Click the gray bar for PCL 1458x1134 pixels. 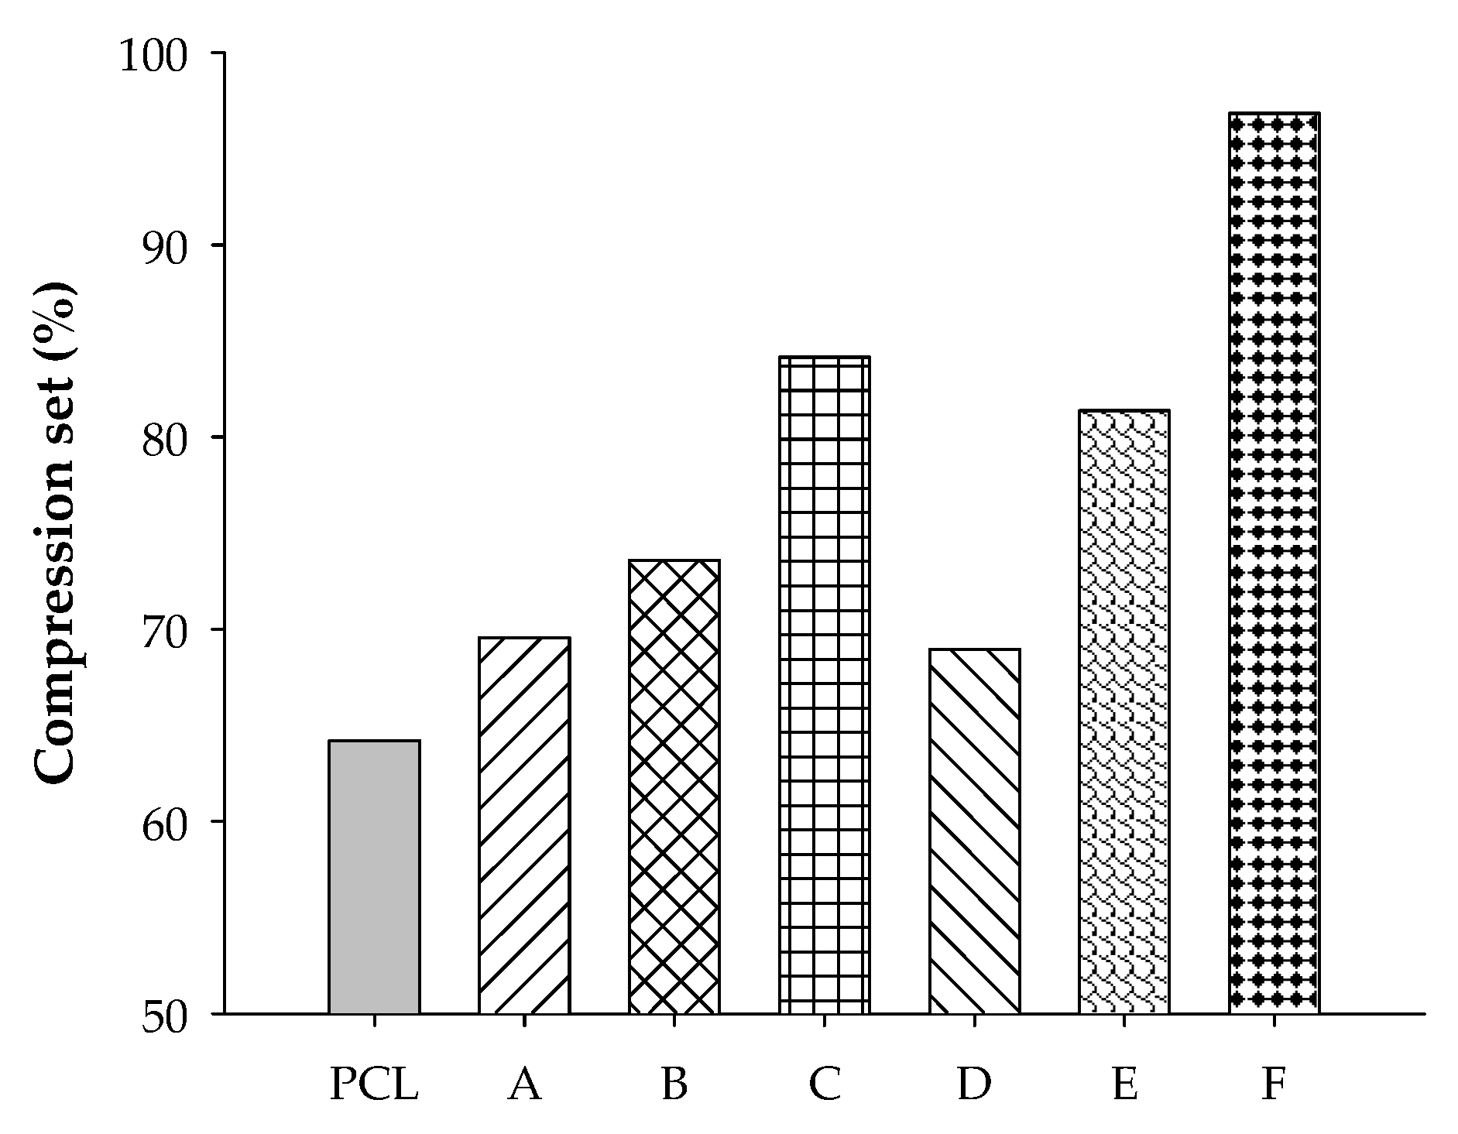pyautogui.click(x=374, y=876)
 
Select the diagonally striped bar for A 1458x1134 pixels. pyautogui.click(x=524, y=825)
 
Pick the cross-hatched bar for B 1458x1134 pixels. pyautogui.click(x=674, y=786)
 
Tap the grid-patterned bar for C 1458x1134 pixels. pyautogui.click(x=824, y=685)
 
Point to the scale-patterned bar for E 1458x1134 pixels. pyautogui.click(x=1124, y=711)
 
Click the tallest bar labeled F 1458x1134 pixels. pyautogui.click(x=1274, y=563)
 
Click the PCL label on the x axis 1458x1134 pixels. pyautogui.click(x=374, y=1084)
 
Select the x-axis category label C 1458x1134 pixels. pyautogui.click(x=824, y=1084)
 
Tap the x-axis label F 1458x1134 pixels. pyautogui.click(x=1274, y=1084)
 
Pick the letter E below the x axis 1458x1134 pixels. pyautogui.click(x=1124, y=1084)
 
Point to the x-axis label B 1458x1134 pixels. pyautogui.click(x=674, y=1084)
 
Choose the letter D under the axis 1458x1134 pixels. pyautogui.click(x=974, y=1084)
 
